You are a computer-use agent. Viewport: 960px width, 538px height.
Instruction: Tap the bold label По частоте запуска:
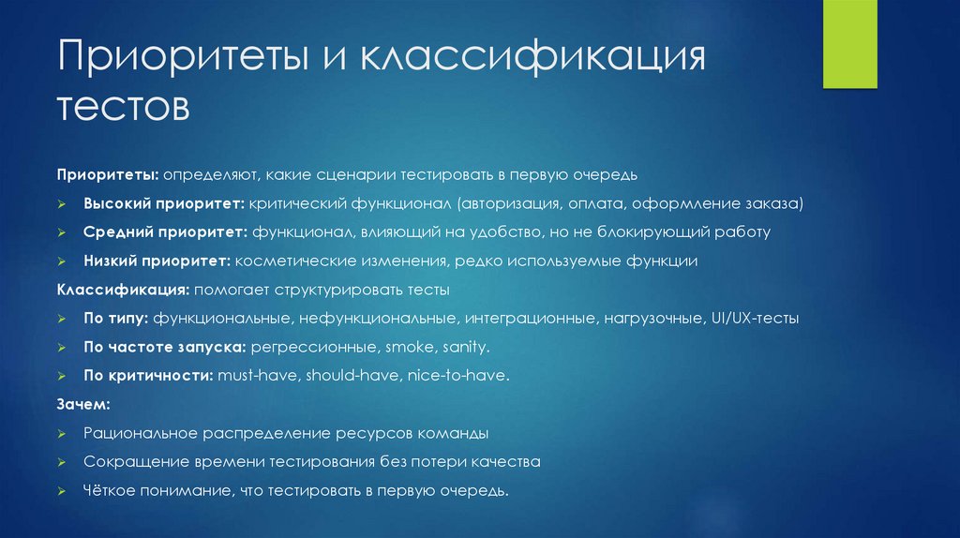[164, 347]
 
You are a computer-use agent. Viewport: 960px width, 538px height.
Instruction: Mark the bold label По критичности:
[148, 376]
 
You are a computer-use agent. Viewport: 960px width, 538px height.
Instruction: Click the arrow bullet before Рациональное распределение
[61, 434]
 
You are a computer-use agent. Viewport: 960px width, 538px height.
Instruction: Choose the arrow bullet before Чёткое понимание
[61, 491]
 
